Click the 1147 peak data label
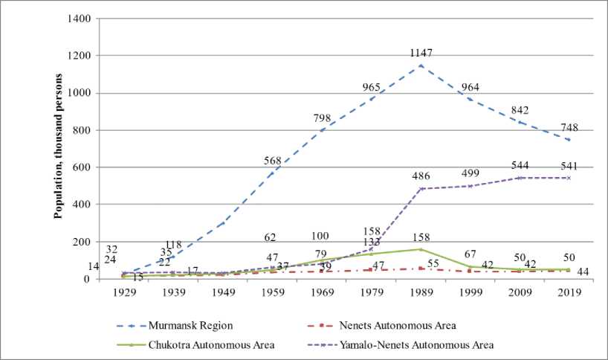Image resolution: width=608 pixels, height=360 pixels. pos(421,54)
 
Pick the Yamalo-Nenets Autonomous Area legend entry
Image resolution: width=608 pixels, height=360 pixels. pos(430,344)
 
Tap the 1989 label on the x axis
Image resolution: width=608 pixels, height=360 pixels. pos(421,292)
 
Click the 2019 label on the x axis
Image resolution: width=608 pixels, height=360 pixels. pos(569,292)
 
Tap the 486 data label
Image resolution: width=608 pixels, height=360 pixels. pos(421,176)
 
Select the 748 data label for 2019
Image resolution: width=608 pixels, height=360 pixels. pos(569,128)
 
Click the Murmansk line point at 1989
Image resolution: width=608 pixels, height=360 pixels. pos(421,65)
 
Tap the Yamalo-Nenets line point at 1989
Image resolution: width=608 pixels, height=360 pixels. pos(421,189)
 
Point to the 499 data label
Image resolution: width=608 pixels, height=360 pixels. pos(470,173)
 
